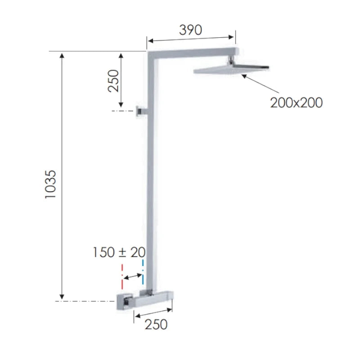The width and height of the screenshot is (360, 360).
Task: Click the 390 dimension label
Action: coord(190,30)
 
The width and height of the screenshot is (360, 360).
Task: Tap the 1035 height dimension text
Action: coord(50,184)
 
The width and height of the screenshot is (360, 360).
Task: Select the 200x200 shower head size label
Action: coord(296,103)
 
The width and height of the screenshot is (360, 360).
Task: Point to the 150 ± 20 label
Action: coord(119,252)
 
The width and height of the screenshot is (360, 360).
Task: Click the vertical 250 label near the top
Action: coord(113,81)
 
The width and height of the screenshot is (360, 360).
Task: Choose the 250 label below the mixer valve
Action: coord(156,324)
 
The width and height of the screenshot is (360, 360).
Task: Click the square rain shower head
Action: coord(231,68)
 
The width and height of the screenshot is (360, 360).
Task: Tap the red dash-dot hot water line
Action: coord(122,277)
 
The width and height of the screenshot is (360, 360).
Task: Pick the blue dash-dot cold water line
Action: coord(143,272)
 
